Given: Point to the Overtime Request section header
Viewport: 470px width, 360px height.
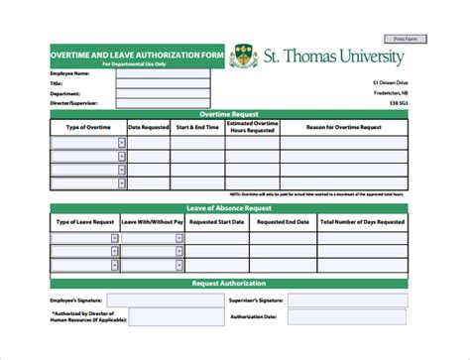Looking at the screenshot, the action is (229, 115).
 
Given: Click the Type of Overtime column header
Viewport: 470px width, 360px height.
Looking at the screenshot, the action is (88, 128).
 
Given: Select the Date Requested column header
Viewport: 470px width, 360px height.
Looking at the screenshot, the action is (149, 128).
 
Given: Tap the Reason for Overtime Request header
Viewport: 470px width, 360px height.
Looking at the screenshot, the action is (343, 128).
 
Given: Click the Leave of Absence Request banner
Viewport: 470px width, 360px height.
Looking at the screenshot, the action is (229, 207).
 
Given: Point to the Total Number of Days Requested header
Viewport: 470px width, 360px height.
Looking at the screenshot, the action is (361, 222).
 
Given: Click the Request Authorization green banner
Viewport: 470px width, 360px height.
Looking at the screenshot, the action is (229, 284).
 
